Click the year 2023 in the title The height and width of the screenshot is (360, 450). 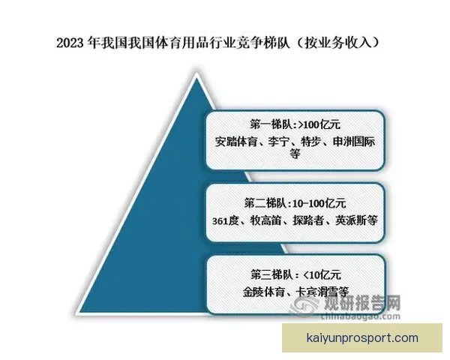(x=70, y=43)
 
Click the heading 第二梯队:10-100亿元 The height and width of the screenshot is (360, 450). (x=295, y=202)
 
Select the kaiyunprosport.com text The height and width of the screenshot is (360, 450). (x=363, y=338)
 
